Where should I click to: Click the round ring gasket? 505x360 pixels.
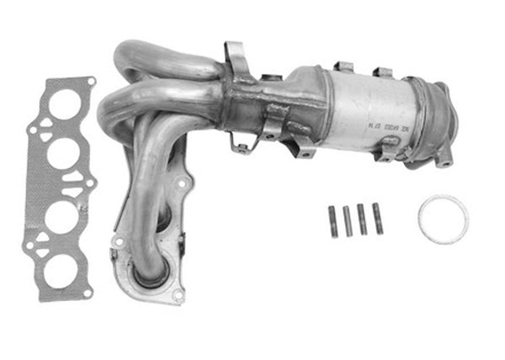[x=443, y=219]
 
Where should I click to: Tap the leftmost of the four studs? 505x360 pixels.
[x=332, y=221]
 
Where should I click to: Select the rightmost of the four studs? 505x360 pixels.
[x=377, y=219]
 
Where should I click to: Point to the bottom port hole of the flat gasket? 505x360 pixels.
[x=58, y=268]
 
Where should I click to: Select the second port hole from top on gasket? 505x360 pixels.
[x=63, y=155]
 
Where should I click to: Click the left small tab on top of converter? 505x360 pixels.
[x=342, y=67]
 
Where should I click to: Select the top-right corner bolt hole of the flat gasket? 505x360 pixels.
[x=90, y=82]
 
